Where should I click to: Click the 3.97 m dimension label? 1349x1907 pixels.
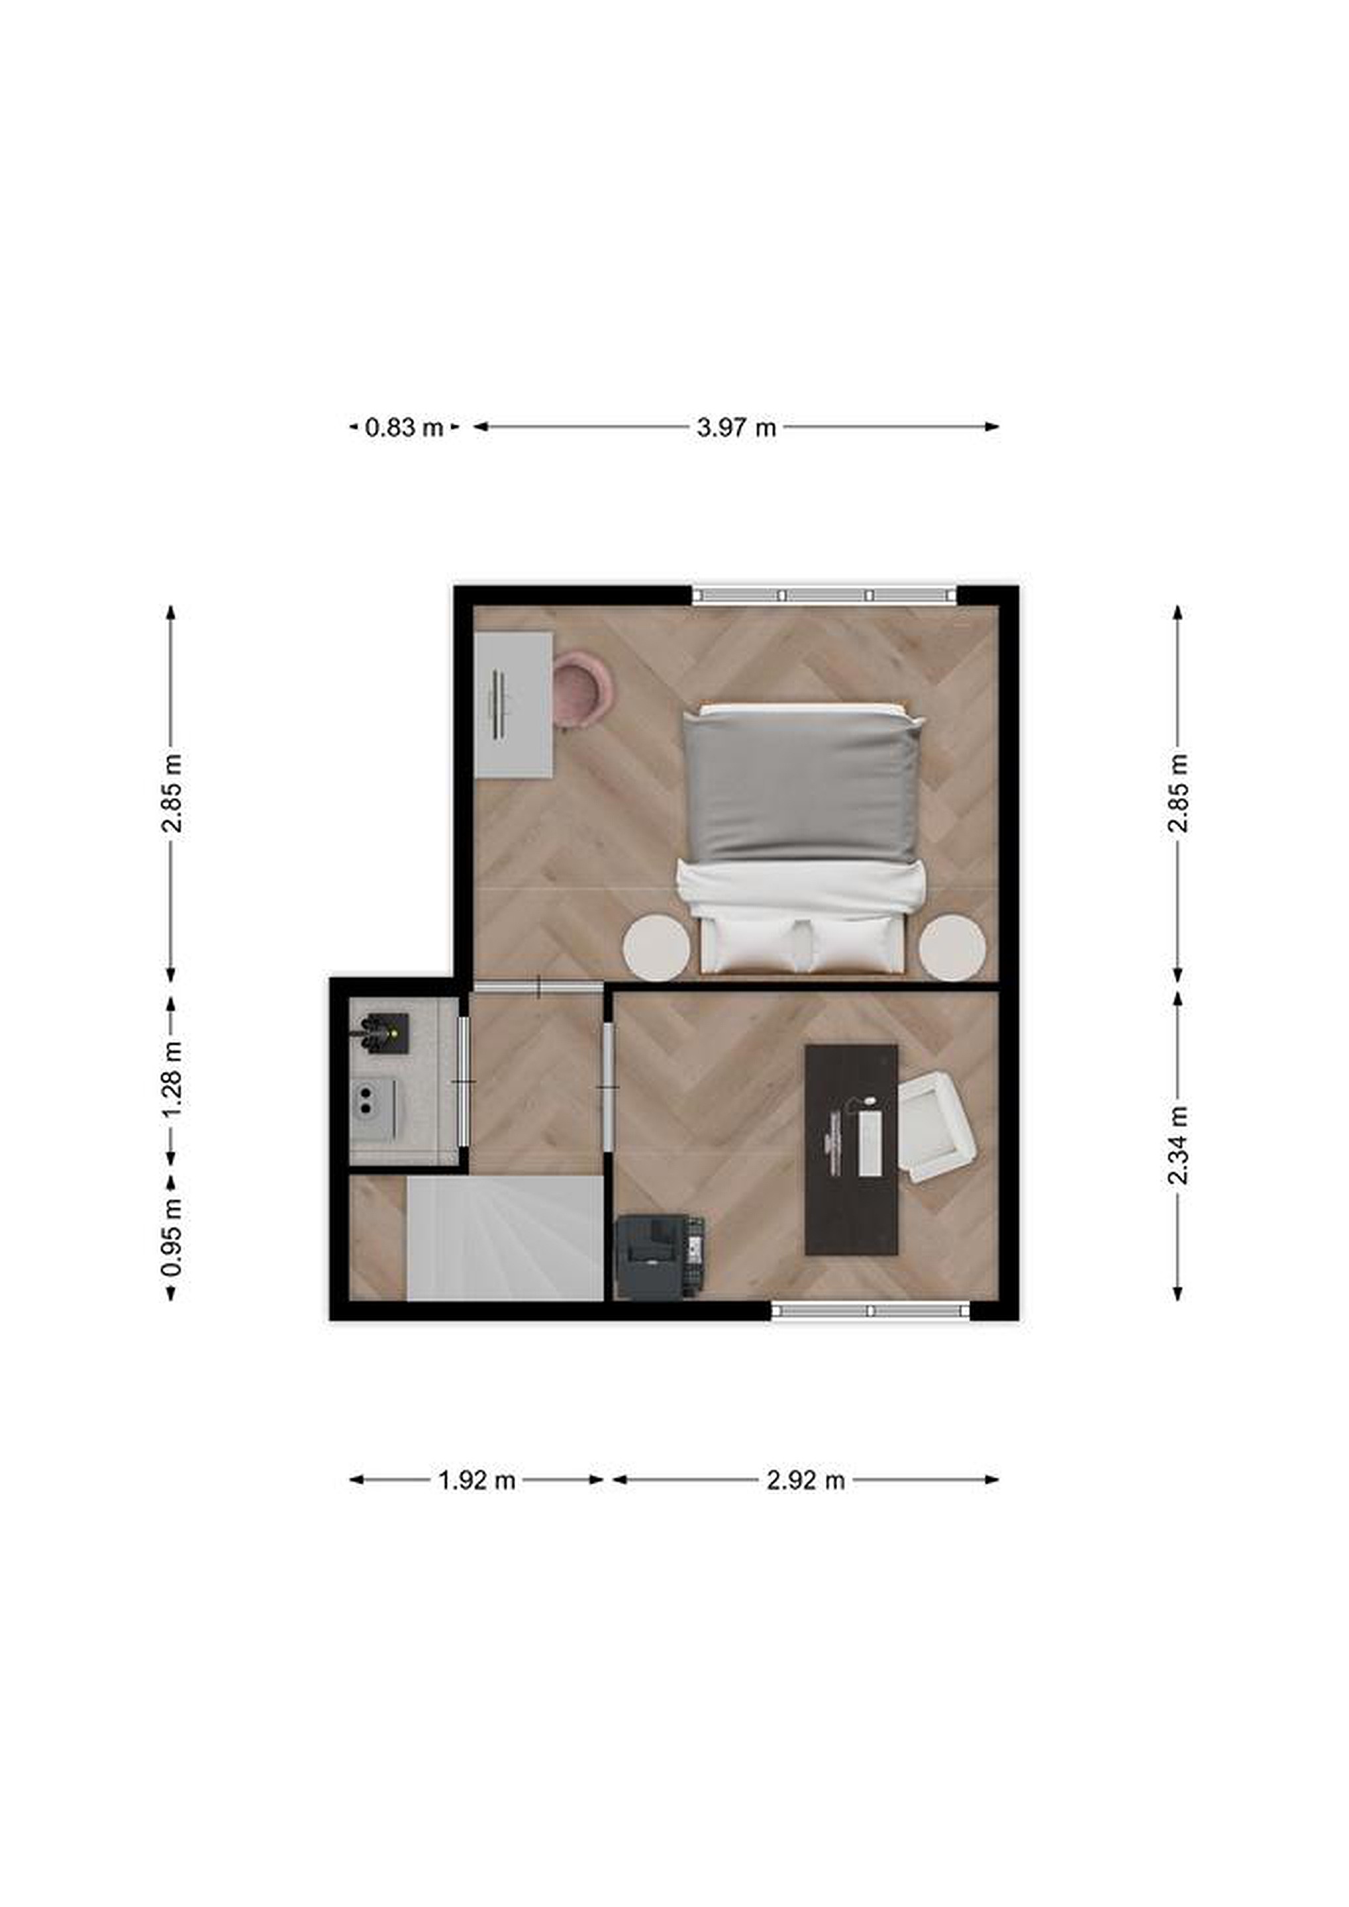[736, 428]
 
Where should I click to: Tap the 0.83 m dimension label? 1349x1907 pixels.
[404, 428]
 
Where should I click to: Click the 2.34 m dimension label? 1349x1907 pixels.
[1178, 1146]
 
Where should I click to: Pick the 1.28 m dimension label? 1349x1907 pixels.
[172, 1080]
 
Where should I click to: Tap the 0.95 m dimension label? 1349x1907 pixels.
[172, 1238]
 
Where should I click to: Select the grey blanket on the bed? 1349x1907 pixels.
[801, 785]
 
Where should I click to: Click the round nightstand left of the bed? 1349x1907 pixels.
[656, 946]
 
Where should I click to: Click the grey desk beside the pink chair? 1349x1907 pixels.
[513, 705]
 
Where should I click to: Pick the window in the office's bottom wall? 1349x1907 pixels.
[871, 1310]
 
